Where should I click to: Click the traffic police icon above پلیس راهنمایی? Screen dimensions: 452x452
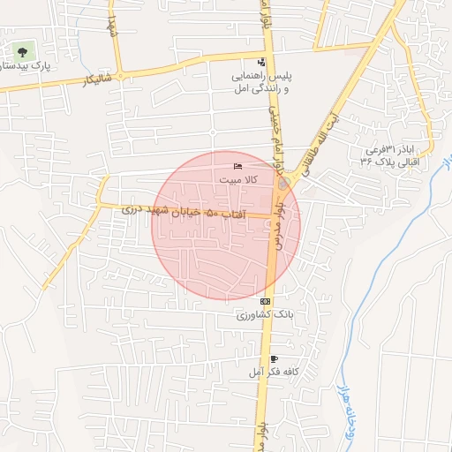click(261, 62)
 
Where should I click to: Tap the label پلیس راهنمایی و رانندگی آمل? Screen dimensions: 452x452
click(260, 82)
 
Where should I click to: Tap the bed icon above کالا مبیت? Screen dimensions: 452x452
click(237, 167)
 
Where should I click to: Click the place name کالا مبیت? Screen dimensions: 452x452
click(237, 179)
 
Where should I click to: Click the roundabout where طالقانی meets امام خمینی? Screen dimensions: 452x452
click(282, 185)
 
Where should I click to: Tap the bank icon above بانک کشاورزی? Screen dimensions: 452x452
click(266, 302)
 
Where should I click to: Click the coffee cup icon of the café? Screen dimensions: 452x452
click(274, 359)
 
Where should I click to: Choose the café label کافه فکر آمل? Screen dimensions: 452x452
click(272, 373)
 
